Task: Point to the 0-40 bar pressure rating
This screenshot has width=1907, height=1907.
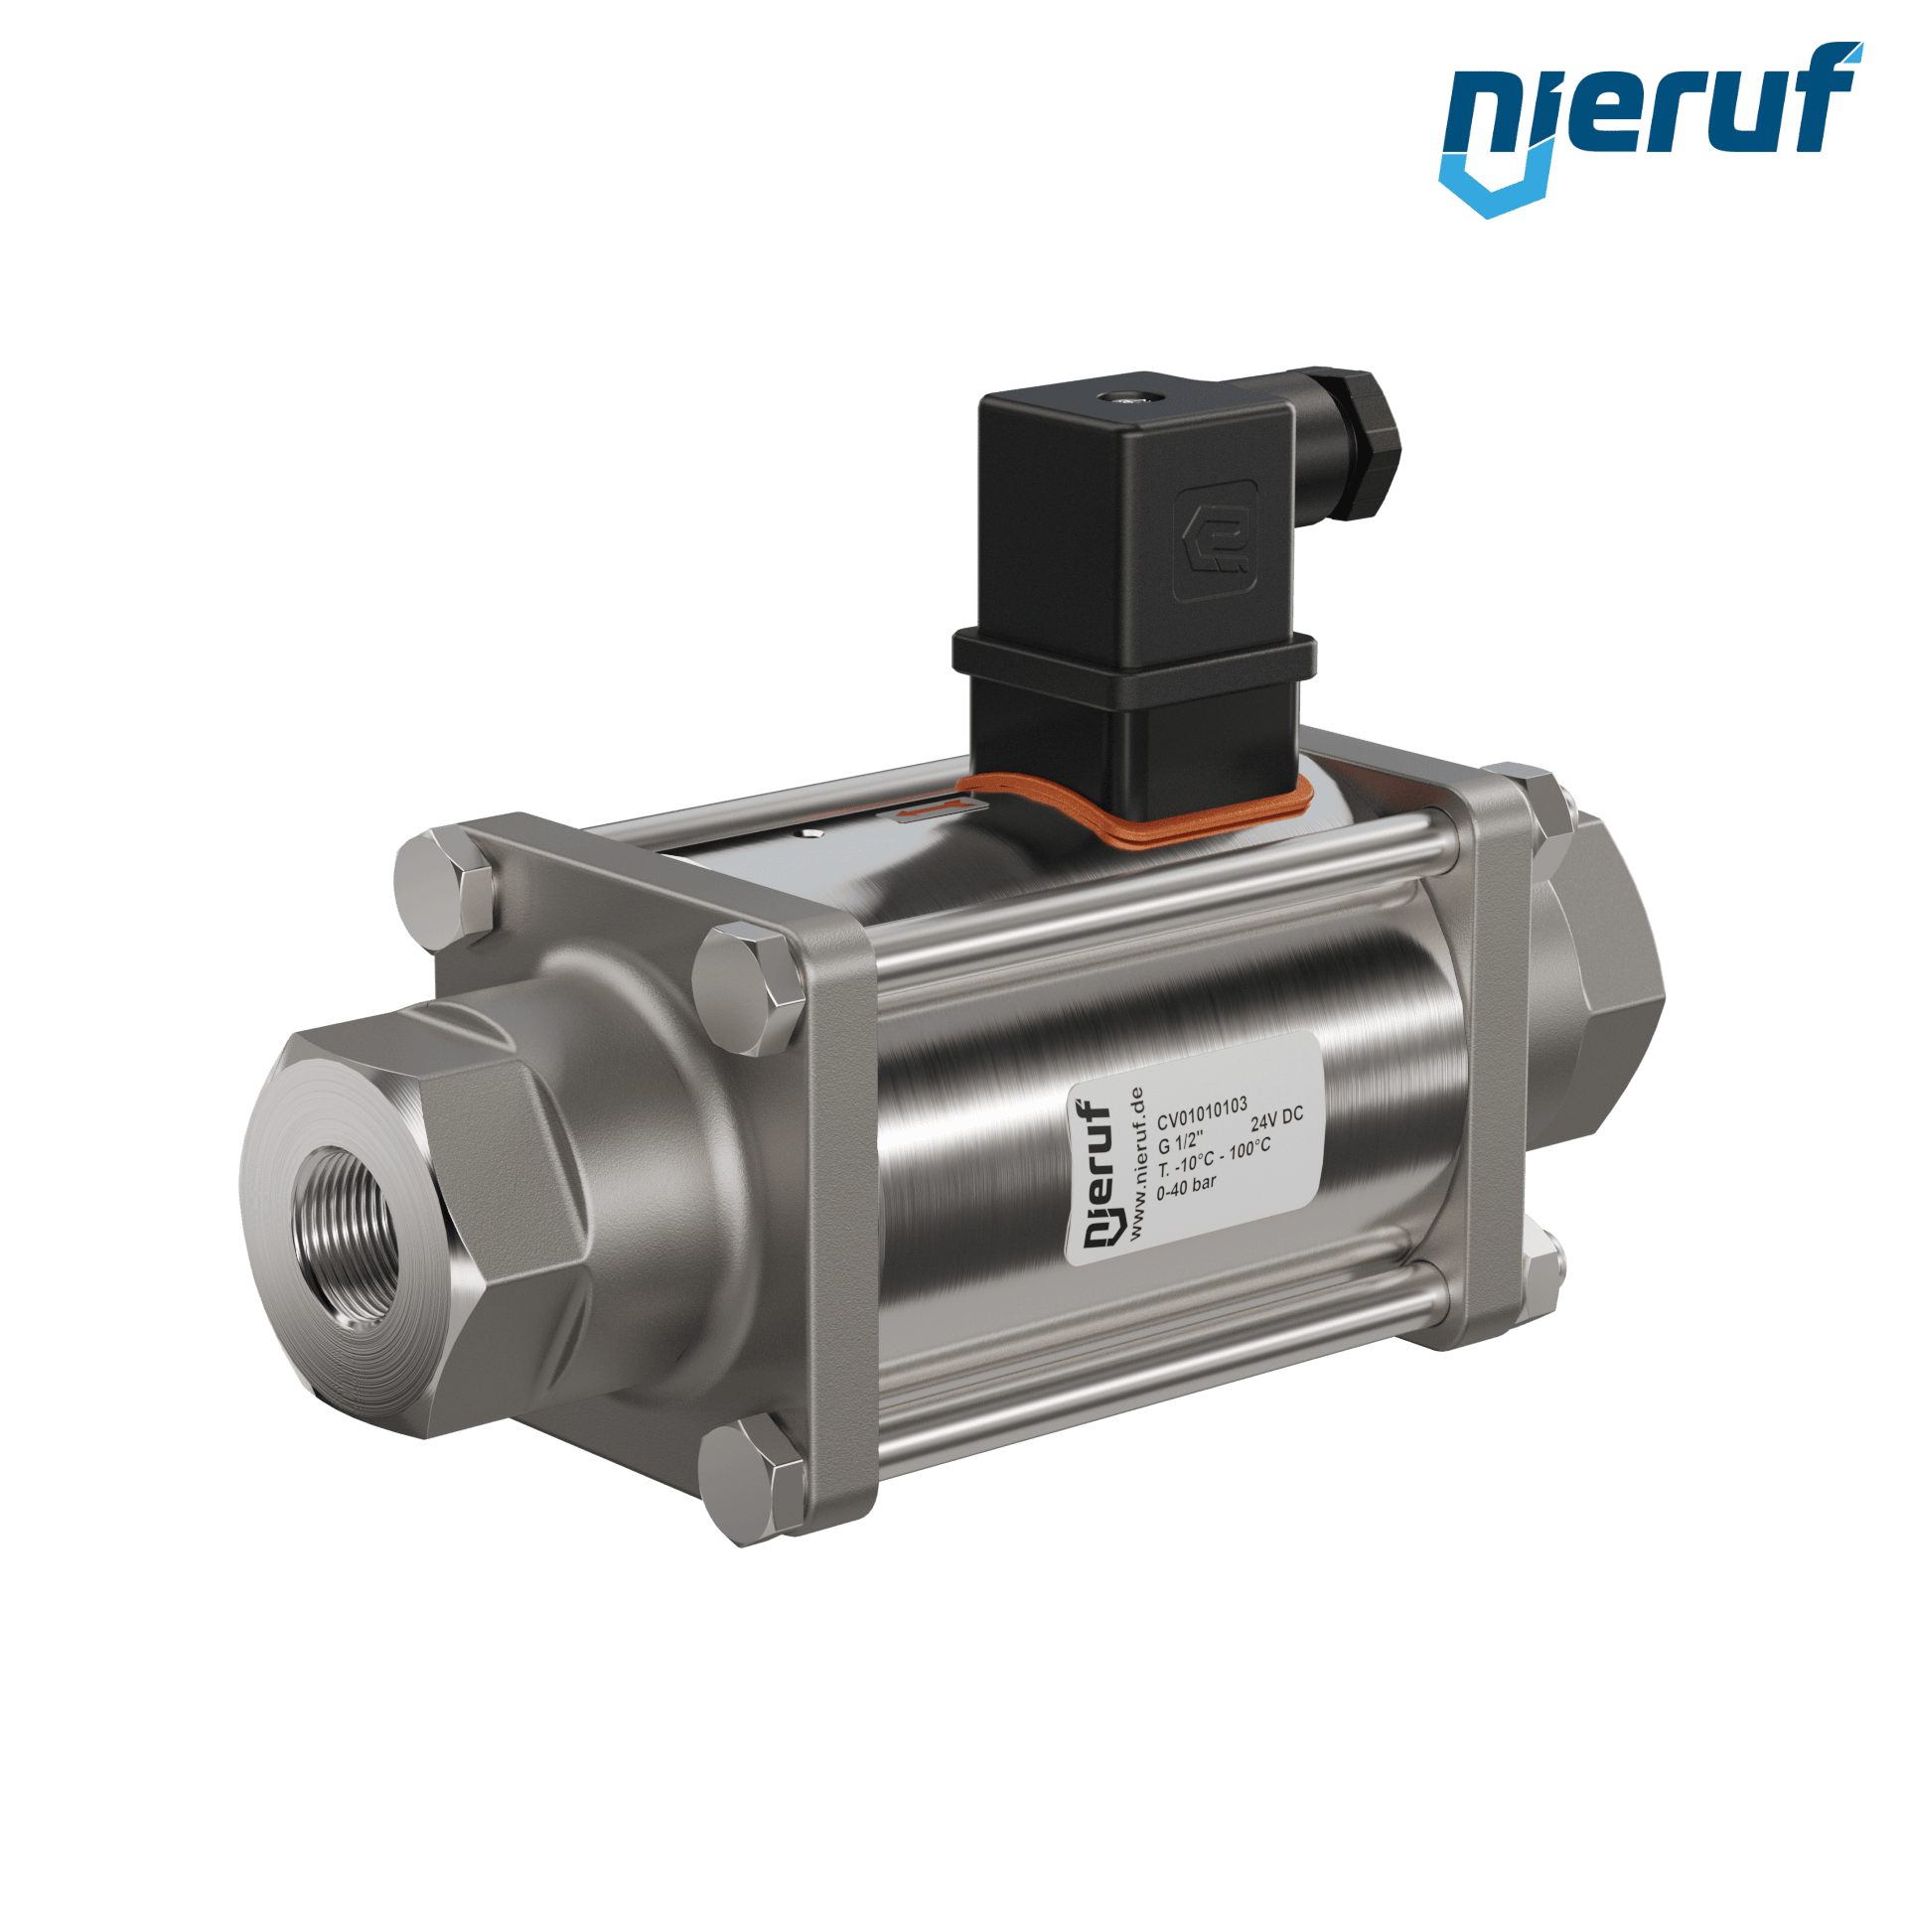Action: (x=1186, y=1186)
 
